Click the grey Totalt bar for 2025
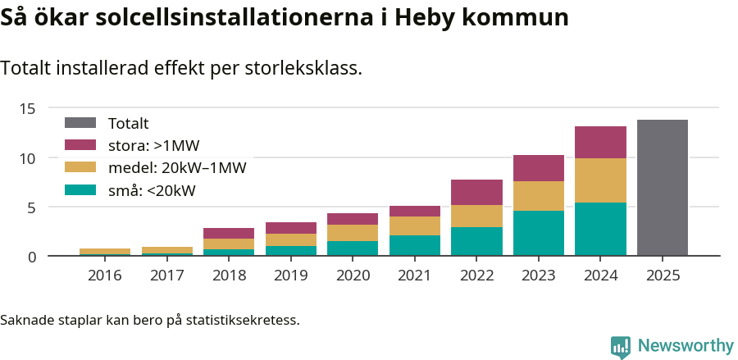click(662, 188)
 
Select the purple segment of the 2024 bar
click(600, 143)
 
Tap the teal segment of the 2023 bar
click(539, 234)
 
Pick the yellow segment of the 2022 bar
click(476, 216)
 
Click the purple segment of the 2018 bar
click(229, 234)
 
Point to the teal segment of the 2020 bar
click(353, 248)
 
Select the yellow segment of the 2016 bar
click(105, 251)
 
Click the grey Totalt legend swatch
click(80, 123)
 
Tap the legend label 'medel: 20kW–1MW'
click(177, 168)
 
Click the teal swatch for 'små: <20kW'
click(80, 191)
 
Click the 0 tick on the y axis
click(32, 257)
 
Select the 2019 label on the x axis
click(291, 276)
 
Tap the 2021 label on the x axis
click(415, 276)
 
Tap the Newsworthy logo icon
click(621, 347)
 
